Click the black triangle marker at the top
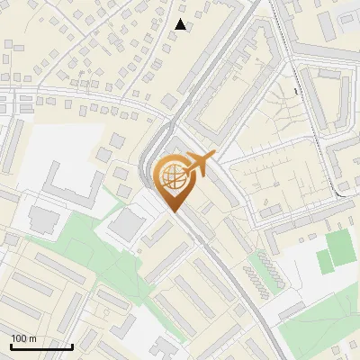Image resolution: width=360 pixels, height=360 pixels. pyautogui.click(x=181, y=24)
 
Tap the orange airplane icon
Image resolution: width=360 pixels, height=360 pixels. pyautogui.click(x=201, y=163)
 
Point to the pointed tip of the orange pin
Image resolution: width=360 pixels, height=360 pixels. pyautogui.click(x=173, y=211)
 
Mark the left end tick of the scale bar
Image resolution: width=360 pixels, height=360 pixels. pyautogui.click(x=10, y=346)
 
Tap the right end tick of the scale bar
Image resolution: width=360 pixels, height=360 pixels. pyautogui.click(x=72, y=346)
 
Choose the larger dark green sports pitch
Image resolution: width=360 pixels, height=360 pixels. pyautogui.click(x=338, y=247)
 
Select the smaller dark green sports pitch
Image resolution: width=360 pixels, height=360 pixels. pyautogui.click(x=323, y=262)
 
